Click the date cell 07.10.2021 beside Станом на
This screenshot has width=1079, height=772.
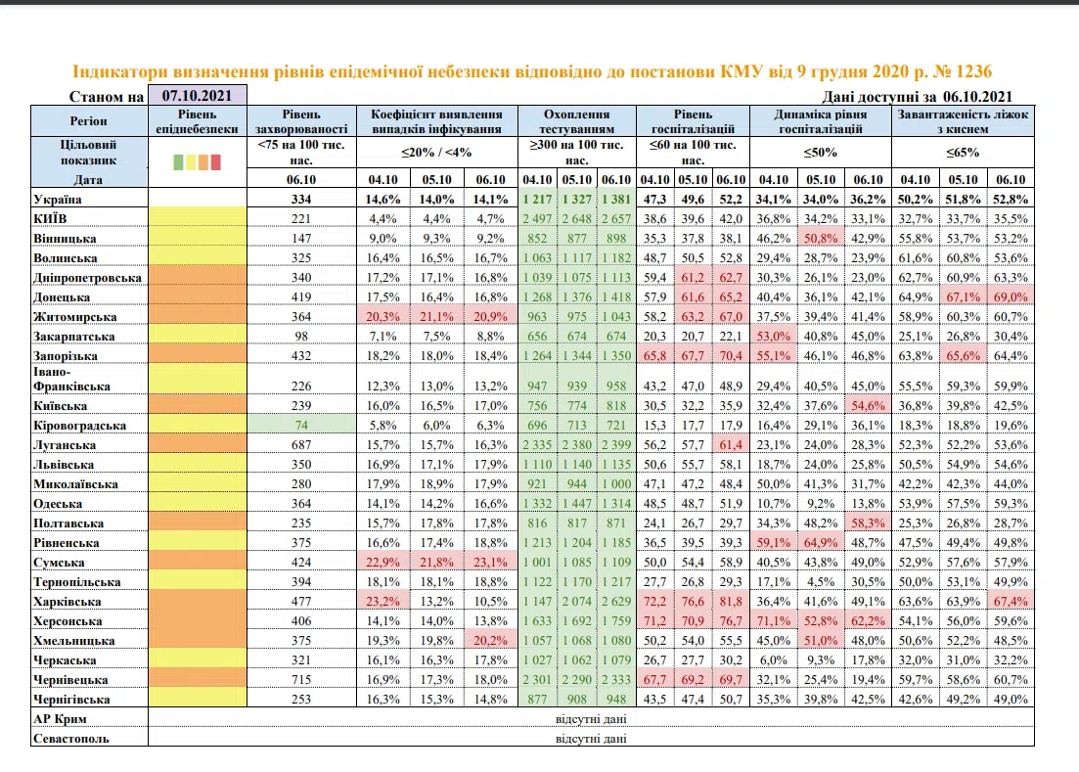(197, 95)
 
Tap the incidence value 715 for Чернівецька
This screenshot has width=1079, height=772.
(301, 680)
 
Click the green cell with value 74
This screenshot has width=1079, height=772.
(301, 426)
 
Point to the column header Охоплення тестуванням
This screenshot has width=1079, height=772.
(576, 121)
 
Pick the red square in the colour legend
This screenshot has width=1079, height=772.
(216, 162)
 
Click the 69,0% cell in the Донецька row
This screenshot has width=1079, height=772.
(1011, 297)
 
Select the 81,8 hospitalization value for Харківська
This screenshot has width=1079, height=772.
(730, 602)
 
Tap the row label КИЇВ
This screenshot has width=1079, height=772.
(50, 219)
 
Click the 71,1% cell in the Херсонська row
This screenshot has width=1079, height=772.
(773, 620)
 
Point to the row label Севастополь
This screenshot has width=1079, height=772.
(70, 739)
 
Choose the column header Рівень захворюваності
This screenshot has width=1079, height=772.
(301, 121)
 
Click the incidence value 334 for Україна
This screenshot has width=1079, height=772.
(301, 200)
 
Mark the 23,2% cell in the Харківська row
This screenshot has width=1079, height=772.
(382, 602)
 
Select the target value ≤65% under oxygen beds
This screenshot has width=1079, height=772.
(962, 152)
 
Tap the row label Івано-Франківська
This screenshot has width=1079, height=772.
(71, 379)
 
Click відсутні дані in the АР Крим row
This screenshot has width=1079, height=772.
(591, 719)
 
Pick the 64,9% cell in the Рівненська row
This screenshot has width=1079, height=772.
(821, 543)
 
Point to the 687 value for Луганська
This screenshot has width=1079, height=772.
(301, 445)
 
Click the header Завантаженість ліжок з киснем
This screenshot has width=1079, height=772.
(963, 121)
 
